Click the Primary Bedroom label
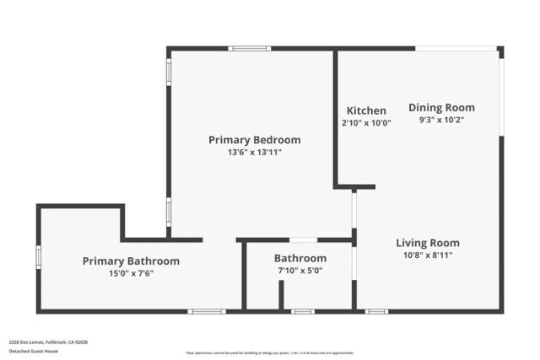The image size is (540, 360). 254,140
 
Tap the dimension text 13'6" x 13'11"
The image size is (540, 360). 254,153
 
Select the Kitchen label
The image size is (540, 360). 366,110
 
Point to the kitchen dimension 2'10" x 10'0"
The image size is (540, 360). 366,123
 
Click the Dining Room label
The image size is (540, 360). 441,107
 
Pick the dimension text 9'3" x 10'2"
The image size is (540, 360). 441,120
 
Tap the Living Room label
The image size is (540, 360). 428,243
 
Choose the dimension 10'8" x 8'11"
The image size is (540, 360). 428,255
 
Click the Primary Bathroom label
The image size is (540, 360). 131,261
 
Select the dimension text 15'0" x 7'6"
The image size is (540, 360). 131,274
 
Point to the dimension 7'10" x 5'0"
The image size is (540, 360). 300,271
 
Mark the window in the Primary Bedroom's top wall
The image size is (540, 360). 250,48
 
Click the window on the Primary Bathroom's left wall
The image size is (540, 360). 38,256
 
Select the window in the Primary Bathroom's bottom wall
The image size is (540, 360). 207,311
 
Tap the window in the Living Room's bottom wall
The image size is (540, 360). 376,311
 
